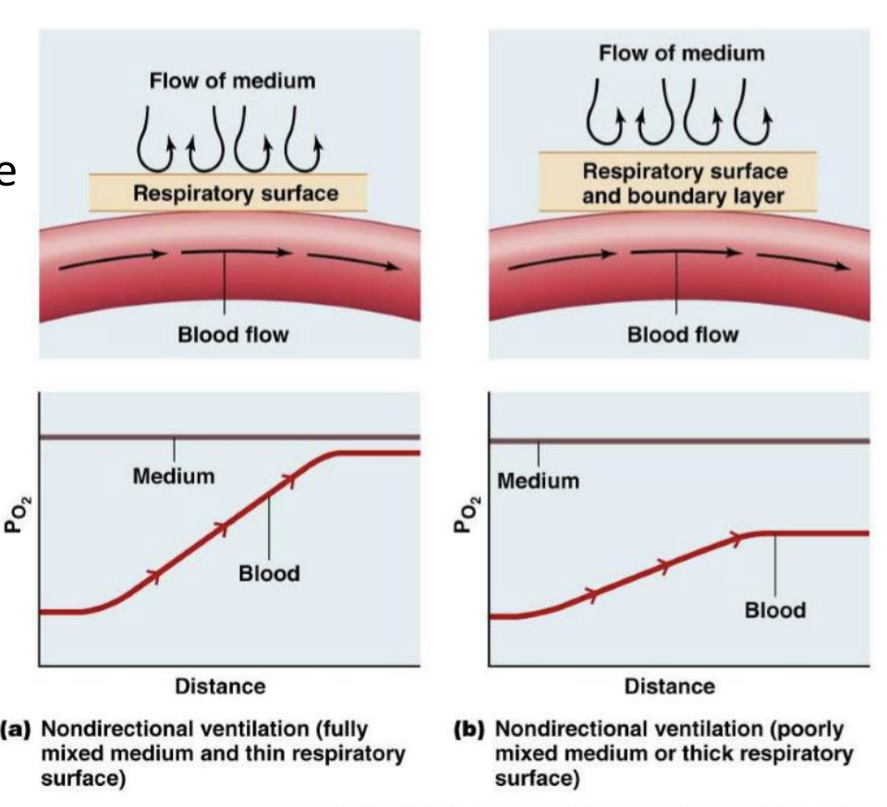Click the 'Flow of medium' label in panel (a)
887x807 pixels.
point(234,81)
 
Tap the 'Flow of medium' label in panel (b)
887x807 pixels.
point(682,53)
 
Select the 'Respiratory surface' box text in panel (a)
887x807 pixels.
point(237,194)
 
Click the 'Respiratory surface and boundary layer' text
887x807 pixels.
point(685,183)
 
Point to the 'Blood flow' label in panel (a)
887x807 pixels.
point(233,335)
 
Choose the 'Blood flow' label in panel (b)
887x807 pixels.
point(683,334)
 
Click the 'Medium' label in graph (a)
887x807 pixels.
point(174,476)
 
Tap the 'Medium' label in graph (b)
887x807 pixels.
point(539,481)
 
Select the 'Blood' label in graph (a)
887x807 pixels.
point(269,572)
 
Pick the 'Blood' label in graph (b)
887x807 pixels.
point(775,610)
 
